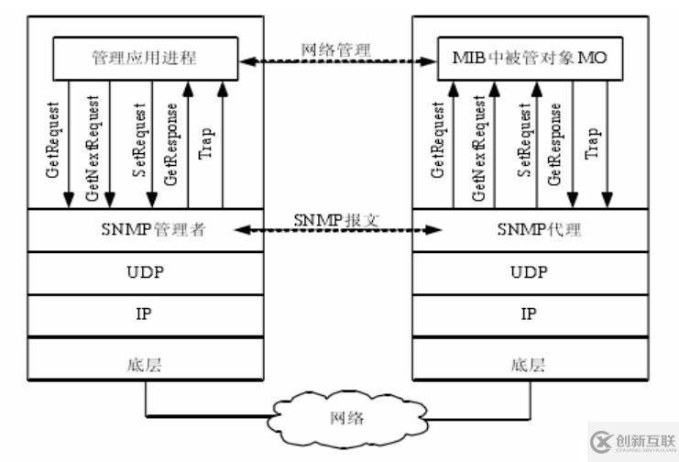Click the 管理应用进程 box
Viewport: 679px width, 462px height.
pos(144,59)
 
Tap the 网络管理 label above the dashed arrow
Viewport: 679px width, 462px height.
pos(336,47)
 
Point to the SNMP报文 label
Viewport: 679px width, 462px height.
pos(336,220)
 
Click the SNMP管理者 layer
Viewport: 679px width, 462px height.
pos(145,230)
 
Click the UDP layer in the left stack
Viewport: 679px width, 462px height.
pos(145,272)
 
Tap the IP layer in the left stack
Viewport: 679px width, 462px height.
pos(145,313)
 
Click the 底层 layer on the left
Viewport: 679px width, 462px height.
pos(145,363)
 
